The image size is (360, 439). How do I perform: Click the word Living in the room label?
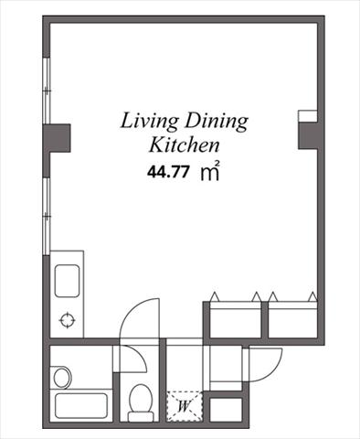[149, 122]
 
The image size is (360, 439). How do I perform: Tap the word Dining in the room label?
[217, 122]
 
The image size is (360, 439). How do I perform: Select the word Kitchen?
[185, 145]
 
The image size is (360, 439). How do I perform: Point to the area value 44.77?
[167, 172]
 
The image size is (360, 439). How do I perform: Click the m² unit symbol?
[210, 171]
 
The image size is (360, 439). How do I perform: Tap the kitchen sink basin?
[67, 281]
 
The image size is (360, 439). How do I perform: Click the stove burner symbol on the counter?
[67, 320]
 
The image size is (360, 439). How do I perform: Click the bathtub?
[81, 406]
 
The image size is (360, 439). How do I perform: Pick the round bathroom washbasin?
[62, 377]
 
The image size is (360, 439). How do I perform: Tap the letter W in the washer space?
[184, 406]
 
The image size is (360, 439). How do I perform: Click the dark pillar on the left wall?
[57, 138]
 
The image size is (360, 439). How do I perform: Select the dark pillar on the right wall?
[308, 135]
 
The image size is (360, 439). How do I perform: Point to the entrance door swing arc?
[273, 371]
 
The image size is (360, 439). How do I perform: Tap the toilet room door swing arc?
[141, 354]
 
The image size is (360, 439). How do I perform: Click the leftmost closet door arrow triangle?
[215, 296]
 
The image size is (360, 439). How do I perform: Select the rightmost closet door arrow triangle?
[312, 296]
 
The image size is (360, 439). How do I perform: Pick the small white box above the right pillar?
[308, 116]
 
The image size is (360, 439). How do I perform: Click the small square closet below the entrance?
[226, 410]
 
